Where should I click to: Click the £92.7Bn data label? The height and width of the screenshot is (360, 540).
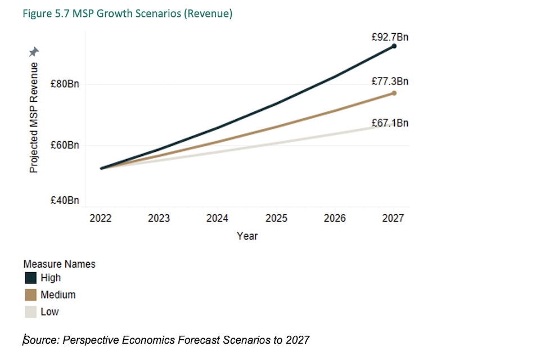(x=390, y=37)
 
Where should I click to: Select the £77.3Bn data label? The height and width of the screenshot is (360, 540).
(x=390, y=82)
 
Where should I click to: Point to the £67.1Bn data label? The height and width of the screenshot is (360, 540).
(x=390, y=123)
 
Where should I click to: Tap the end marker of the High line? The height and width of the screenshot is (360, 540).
(x=394, y=46)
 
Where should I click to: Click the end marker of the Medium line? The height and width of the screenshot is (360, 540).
(x=394, y=93)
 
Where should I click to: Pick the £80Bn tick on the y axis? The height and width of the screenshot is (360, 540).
(x=66, y=84)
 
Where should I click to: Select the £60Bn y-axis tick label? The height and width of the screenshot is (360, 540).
(x=66, y=145)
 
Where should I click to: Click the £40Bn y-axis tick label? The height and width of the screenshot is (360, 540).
(x=66, y=200)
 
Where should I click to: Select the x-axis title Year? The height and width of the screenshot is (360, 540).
(x=247, y=236)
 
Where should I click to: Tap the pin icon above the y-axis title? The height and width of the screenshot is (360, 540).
(x=34, y=52)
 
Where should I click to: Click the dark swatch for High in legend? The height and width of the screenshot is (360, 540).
(x=30, y=278)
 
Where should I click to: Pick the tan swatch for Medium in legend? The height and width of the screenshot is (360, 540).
(x=30, y=295)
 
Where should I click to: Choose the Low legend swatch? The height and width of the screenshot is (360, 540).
(x=30, y=312)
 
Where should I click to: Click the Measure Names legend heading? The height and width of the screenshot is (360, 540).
(x=60, y=264)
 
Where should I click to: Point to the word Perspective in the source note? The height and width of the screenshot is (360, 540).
(x=91, y=340)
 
